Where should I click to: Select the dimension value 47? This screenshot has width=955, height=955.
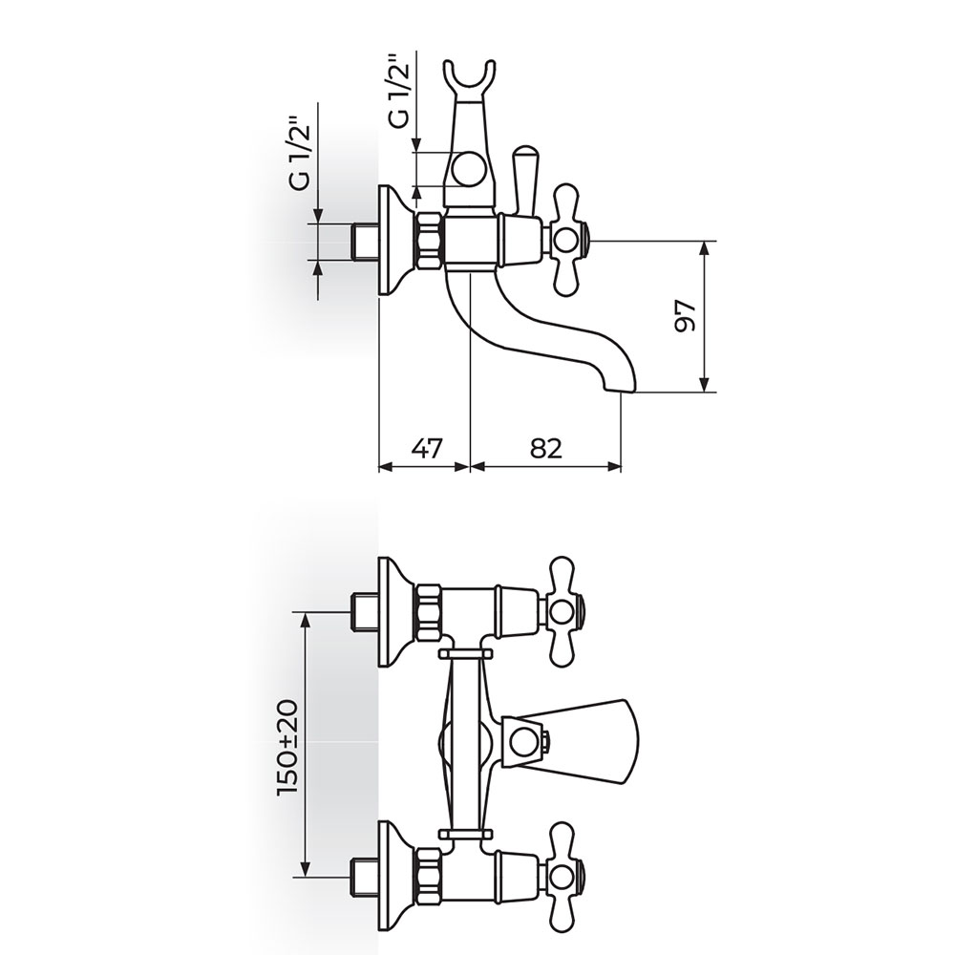click(x=426, y=449)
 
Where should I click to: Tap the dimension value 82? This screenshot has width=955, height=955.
click(x=545, y=449)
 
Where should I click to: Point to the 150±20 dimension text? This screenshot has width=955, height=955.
click(x=286, y=747)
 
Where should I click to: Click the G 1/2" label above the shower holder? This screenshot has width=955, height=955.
click(x=401, y=91)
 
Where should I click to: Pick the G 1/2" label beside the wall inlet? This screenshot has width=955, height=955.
click(x=300, y=156)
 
